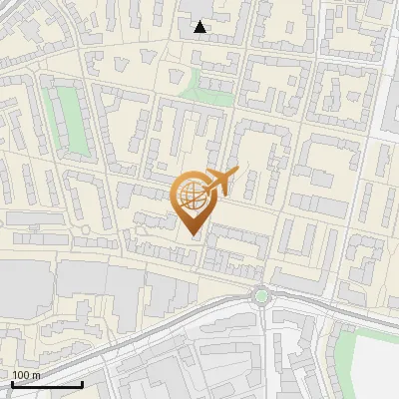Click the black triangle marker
click(200, 27)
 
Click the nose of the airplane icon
click(236, 171)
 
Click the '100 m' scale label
click(27, 374)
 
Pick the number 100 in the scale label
click(22, 374)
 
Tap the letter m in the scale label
click(37, 374)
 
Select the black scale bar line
click(47, 384)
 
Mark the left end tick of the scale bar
click(12, 383)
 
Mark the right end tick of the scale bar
click(82, 383)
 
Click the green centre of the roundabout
click(261, 294)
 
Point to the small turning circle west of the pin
click(86, 230)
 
